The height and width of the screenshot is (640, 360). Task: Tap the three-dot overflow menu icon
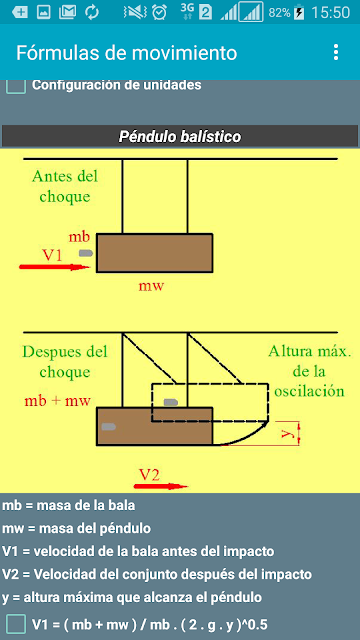point(336,52)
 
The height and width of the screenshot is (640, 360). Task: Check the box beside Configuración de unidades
point(16,86)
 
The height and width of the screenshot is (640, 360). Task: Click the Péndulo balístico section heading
point(180,136)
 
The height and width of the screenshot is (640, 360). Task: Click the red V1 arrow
point(54,267)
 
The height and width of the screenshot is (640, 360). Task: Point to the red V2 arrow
point(161,486)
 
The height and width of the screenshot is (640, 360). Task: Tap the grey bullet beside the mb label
point(86,253)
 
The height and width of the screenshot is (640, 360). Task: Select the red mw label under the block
point(151,286)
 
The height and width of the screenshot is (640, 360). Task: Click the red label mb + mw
point(58,401)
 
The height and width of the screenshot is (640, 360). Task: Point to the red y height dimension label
point(288,433)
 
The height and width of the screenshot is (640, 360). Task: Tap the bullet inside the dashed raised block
point(171,402)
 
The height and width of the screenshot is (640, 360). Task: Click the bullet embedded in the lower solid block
point(109,427)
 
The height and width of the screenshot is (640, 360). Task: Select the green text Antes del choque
point(65,187)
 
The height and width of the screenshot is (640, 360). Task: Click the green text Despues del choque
point(65,362)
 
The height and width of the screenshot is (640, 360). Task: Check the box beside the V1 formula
point(16,624)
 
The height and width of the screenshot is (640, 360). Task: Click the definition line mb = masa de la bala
point(69,505)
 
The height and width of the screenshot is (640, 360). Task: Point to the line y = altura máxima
point(132,598)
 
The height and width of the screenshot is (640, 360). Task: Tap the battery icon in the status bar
point(299,12)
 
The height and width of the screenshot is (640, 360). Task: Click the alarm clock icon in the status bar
point(159,12)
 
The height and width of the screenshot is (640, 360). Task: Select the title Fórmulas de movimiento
point(127,53)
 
